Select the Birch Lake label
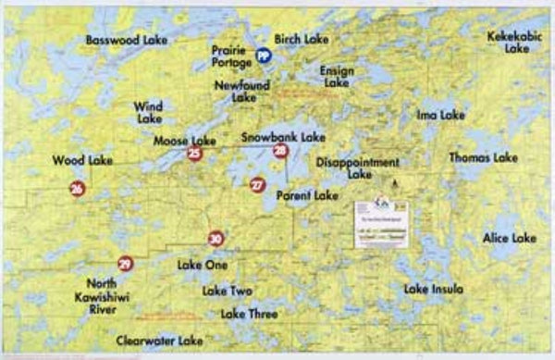[302, 40]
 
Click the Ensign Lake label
[337, 76]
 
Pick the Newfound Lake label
[243, 91]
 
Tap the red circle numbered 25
[193, 154]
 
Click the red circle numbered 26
[77, 189]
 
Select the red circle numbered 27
[257, 185]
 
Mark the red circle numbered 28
[280, 151]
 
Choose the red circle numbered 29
[125, 264]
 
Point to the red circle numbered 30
[216, 239]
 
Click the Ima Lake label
[440, 116]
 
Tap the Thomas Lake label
[483, 158]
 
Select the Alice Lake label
[509, 238]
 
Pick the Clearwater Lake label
[160, 341]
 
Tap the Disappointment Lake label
[358, 168]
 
